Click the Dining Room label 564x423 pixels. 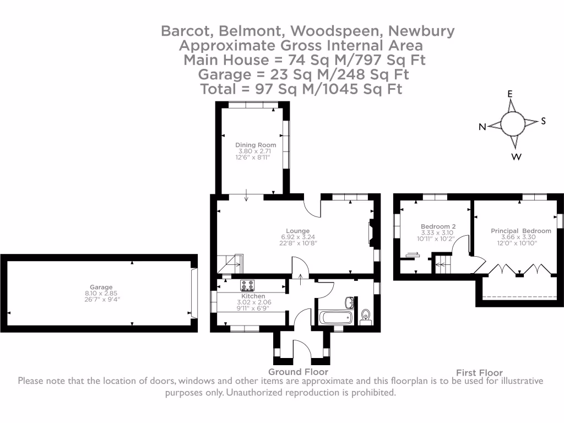click(256, 145)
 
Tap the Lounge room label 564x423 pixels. click(297, 231)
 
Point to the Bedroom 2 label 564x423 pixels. click(438, 226)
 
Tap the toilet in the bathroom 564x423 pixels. click(365, 316)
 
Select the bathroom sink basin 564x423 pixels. click(350, 302)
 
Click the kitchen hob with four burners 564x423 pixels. click(247, 285)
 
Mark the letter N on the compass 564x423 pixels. click(482, 127)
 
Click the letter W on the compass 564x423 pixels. click(517, 157)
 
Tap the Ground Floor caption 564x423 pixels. click(298, 372)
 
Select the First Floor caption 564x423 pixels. click(479, 373)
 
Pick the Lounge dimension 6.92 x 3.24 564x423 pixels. click(297, 237)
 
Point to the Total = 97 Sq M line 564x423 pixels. click(301, 89)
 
